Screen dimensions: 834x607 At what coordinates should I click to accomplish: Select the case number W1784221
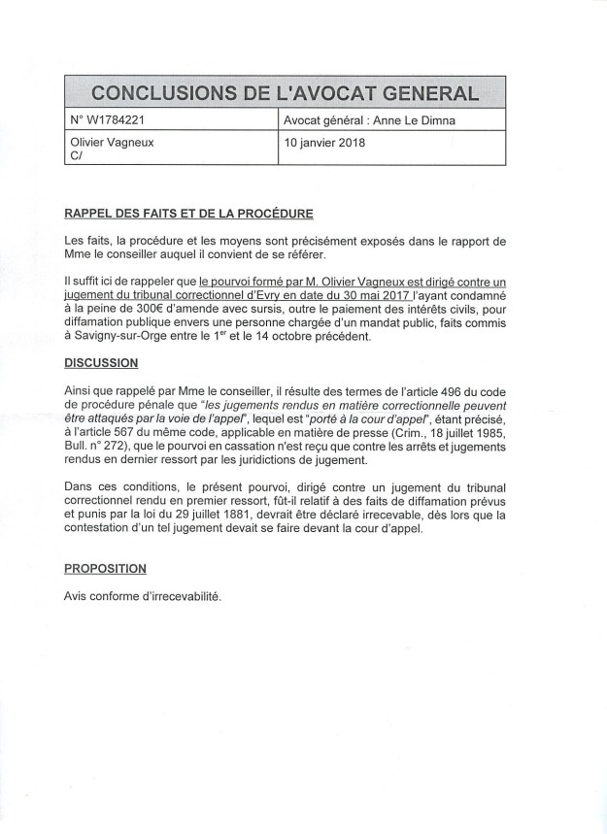click(x=114, y=122)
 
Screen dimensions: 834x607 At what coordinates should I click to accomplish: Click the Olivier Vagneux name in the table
click(x=106, y=142)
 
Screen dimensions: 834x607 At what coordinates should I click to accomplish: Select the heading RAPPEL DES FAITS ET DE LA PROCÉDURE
click(x=188, y=214)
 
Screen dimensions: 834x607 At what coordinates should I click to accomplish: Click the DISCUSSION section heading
click(x=100, y=363)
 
